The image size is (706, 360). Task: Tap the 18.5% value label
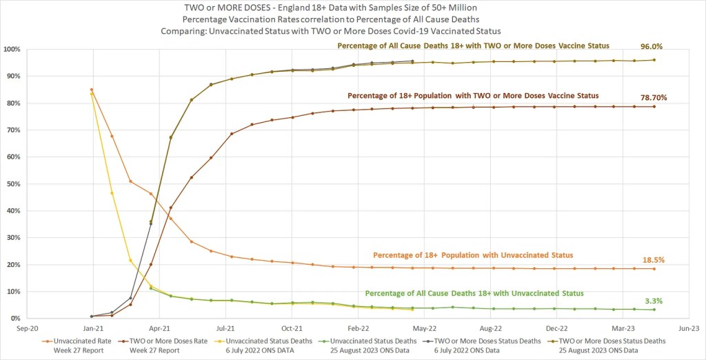pos(653,259)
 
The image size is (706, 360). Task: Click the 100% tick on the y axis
pos(12,50)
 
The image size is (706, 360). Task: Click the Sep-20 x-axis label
pos(27,330)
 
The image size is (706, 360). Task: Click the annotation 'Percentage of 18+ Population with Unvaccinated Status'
pos(472,255)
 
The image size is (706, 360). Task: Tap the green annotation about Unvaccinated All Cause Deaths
pos(474,293)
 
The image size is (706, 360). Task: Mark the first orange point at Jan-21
pos(92,90)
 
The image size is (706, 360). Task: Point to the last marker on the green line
pos(654,310)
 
